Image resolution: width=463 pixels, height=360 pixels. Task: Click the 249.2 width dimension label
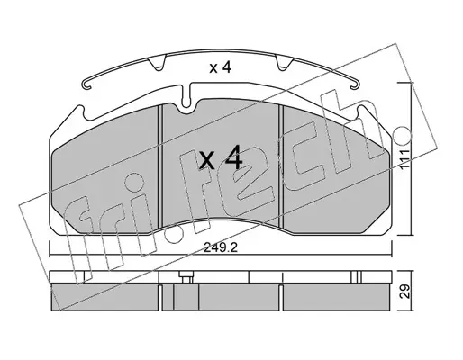point(221,247)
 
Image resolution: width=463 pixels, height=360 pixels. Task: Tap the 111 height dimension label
point(405,159)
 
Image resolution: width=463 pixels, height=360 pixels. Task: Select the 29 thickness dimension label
point(405,292)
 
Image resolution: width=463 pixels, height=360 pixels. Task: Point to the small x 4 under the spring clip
point(221,68)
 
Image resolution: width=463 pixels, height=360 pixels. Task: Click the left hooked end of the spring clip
point(86,85)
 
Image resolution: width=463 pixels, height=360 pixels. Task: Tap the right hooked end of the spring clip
point(355,85)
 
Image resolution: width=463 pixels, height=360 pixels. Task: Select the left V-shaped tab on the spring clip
point(158,63)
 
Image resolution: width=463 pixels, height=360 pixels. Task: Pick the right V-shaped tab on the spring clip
point(283,63)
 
